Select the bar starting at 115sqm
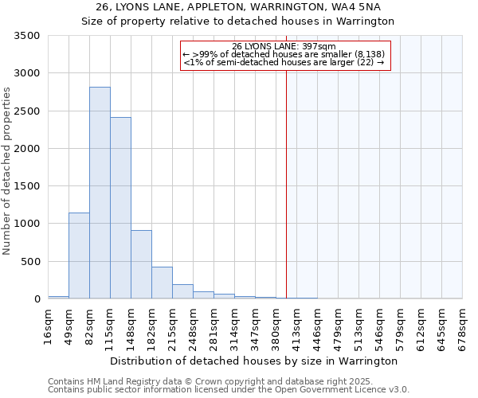tap(120, 208)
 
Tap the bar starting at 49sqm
tap(79, 256)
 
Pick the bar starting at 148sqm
tap(141, 264)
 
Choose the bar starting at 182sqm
tap(162, 283)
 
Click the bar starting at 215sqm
tap(182, 291)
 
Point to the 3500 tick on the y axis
tap(26, 36)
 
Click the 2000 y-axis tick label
tap(26, 149)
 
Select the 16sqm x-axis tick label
tap(48, 325)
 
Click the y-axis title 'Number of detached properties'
tap(8, 172)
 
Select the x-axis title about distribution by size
tap(253, 361)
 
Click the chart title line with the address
tap(239, 7)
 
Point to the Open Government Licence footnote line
tap(228, 390)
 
